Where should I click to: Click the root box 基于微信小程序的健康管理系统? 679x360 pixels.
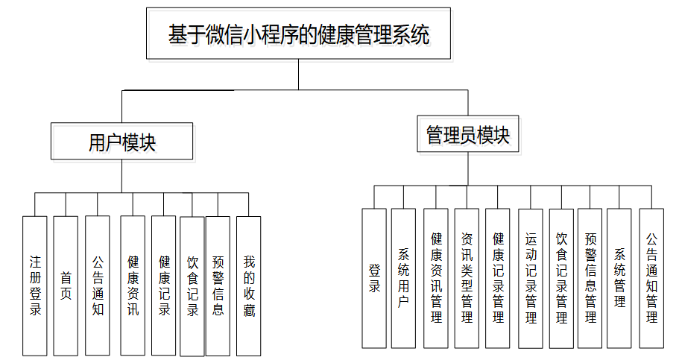298,34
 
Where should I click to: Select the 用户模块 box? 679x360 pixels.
122,142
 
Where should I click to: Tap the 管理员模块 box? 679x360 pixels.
468,135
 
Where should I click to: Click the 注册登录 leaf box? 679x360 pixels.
35,285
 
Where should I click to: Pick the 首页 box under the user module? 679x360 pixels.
66,285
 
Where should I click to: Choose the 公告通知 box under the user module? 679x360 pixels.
97,285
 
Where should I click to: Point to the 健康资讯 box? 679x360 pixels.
133,285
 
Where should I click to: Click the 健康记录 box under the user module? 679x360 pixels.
163,285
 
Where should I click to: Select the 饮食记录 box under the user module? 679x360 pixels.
192,285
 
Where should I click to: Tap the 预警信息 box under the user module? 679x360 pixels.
217,285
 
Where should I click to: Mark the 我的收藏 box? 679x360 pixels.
248,285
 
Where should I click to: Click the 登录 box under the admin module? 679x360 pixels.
374,277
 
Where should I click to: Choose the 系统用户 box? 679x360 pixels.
403,277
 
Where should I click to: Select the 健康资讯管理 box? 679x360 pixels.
436,277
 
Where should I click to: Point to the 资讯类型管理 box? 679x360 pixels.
467,277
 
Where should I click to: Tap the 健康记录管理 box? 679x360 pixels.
497,277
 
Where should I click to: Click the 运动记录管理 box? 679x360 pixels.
530,277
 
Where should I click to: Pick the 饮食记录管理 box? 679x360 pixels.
561,277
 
